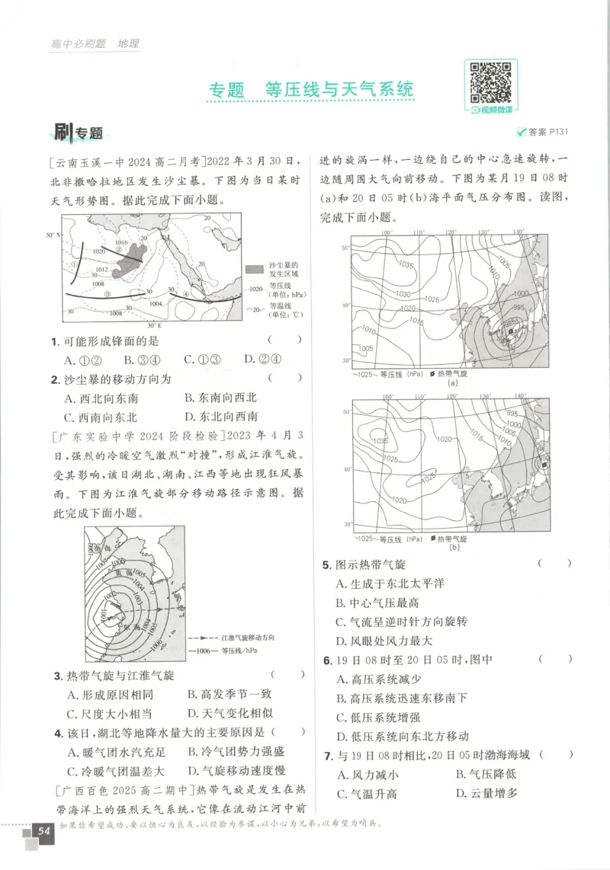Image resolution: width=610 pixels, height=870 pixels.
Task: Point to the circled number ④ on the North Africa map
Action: (185, 295)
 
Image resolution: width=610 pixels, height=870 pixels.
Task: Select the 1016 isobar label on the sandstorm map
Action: (120, 243)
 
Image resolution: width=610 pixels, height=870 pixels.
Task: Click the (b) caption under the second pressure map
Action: (454, 548)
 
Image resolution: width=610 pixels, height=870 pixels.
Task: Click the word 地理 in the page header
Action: (128, 43)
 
